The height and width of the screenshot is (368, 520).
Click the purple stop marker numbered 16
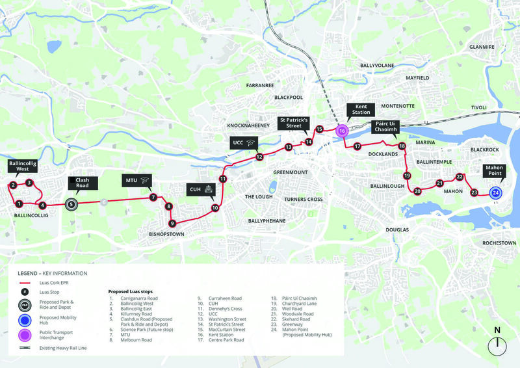click(x=342, y=131)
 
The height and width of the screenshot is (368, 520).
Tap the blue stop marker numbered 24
click(x=495, y=192)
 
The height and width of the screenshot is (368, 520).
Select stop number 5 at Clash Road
click(x=71, y=204)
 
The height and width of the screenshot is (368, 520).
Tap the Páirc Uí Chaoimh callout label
click(x=384, y=126)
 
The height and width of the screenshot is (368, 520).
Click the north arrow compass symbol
click(x=497, y=345)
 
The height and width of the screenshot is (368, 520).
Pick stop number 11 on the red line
click(x=222, y=179)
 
